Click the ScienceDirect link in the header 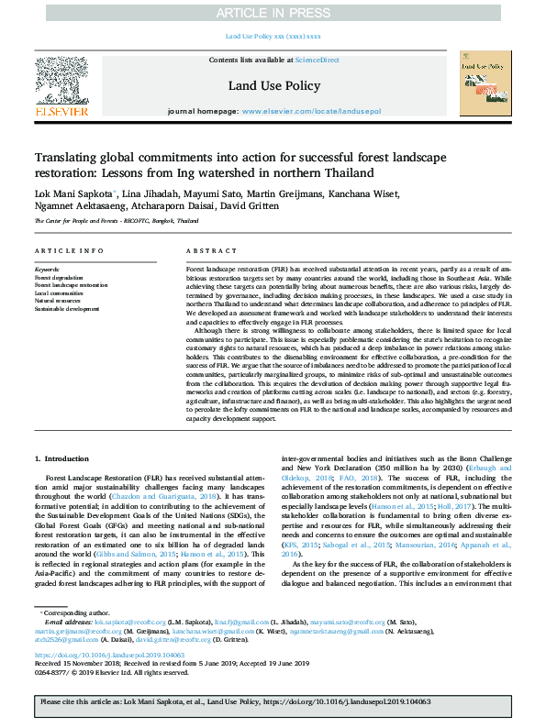(x=318, y=61)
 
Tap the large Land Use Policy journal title (x=273, y=85)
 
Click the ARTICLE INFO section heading (x=69, y=251)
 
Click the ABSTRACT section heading (x=205, y=251)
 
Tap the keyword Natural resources (x=57, y=300)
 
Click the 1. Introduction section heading (x=62, y=458)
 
